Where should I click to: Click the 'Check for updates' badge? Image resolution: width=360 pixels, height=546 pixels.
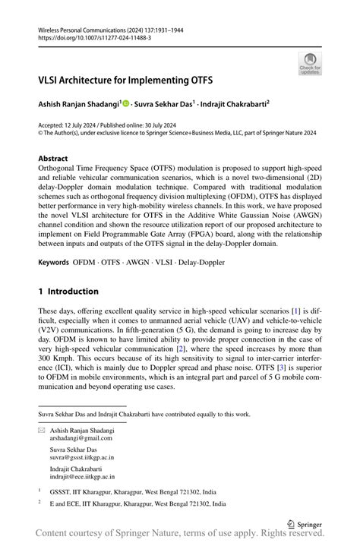pos(310,63)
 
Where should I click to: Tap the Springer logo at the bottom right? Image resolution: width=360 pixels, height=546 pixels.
pos(305,523)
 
